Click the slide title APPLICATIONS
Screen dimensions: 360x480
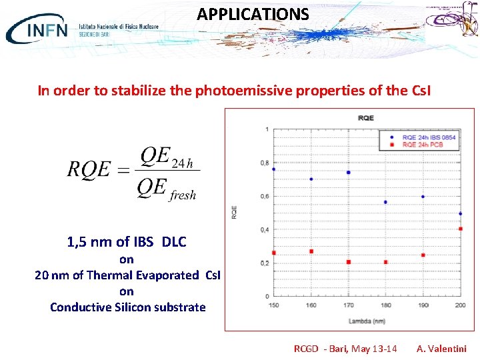click(x=253, y=14)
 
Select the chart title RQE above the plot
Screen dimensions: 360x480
click(x=366, y=118)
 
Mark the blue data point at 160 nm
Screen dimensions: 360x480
click(x=311, y=179)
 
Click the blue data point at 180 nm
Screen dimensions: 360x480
click(x=385, y=202)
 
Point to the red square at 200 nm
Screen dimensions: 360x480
click(x=461, y=229)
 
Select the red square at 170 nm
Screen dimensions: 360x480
click(x=348, y=262)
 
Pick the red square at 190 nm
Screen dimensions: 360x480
click(x=423, y=255)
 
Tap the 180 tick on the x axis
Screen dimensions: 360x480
click(x=385, y=305)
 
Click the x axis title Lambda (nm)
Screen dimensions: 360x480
click(x=365, y=321)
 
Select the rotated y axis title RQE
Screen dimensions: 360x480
click(x=234, y=212)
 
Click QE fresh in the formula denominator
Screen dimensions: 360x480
click(x=167, y=189)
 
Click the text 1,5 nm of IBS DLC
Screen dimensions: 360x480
click(x=127, y=242)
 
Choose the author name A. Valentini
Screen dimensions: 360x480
click(x=441, y=349)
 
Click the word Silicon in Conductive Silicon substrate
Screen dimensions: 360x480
click(x=133, y=307)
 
